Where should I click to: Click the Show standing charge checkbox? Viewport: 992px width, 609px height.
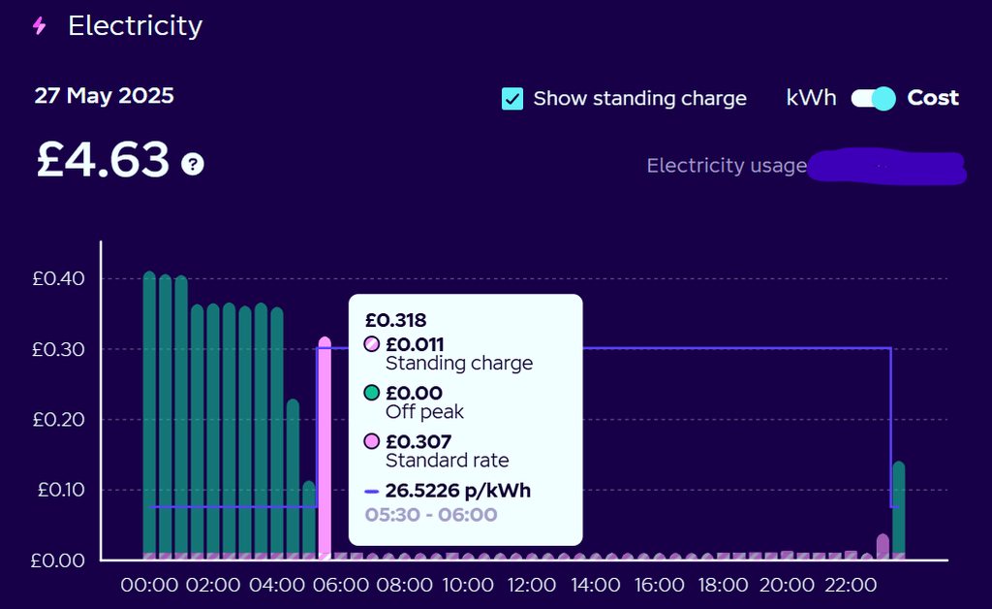tap(512, 98)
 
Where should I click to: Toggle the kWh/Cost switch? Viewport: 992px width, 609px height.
tap(873, 98)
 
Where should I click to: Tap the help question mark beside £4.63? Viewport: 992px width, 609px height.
tap(193, 164)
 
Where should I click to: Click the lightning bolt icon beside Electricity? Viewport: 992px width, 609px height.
tap(39, 26)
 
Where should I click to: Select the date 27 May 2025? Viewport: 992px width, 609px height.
tap(104, 96)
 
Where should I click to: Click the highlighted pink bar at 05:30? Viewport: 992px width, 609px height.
tap(325, 446)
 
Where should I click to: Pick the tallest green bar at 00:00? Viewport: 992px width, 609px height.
tap(149, 417)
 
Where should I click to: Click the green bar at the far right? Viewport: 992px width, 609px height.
tap(898, 509)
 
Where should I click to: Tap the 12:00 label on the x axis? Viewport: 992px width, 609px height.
tap(532, 586)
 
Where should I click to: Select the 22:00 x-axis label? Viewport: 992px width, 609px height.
tap(850, 586)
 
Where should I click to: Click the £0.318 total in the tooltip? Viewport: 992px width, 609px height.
tap(395, 320)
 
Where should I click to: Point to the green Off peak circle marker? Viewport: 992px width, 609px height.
tap(371, 394)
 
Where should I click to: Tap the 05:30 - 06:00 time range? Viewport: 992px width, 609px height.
tap(431, 515)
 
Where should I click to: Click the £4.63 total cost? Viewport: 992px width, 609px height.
tap(103, 160)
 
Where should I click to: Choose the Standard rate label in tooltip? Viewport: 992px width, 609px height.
tap(447, 461)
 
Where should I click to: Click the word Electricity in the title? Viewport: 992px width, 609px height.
tap(135, 26)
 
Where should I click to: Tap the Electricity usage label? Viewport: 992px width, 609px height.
tap(727, 166)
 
